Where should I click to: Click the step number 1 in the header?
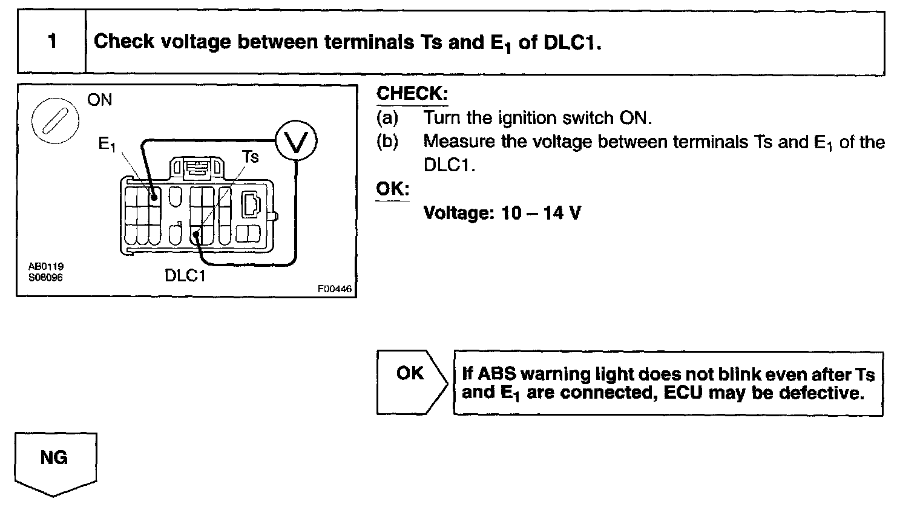[52, 41]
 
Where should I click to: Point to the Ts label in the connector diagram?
[251, 157]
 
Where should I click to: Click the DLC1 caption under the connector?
[185, 276]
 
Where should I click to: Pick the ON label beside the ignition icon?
[100, 100]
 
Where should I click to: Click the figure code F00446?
[334, 289]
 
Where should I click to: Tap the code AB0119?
[46, 266]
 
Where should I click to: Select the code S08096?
[46, 277]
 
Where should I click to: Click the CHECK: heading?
[412, 94]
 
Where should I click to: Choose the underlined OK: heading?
[393, 189]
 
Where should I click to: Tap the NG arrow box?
[54, 458]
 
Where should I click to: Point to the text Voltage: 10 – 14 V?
[502, 213]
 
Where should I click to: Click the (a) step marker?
[387, 117]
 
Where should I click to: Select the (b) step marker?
[387, 142]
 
